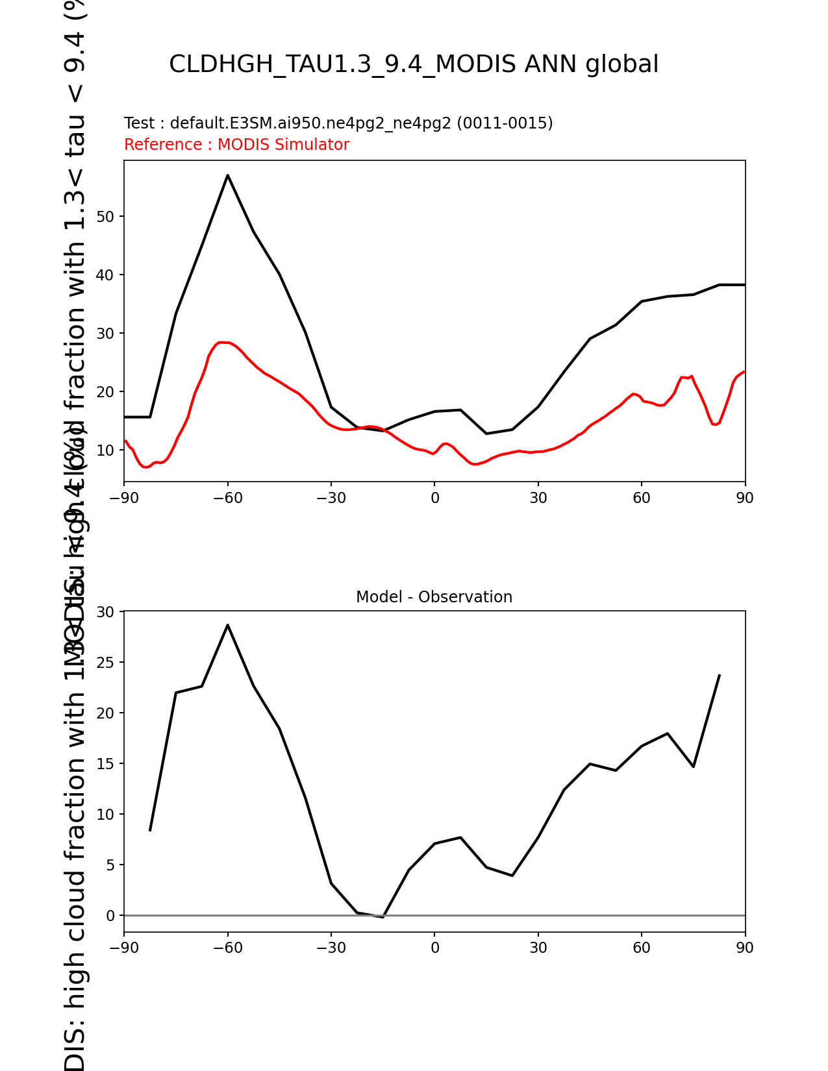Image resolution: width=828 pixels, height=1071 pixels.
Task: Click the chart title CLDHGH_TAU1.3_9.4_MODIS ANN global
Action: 414,65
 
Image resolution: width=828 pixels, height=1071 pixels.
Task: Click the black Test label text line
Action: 338,123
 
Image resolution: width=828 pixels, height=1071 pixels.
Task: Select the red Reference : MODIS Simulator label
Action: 236,145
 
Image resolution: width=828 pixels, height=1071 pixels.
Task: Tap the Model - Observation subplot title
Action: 434,597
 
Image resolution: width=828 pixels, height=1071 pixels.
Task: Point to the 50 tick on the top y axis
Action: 106,217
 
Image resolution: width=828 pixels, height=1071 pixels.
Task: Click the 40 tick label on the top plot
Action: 106,275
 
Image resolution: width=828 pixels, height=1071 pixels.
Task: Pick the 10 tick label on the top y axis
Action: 106,450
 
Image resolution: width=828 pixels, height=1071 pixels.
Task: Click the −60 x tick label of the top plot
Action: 227,498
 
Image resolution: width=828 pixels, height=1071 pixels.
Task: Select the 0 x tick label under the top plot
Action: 434,498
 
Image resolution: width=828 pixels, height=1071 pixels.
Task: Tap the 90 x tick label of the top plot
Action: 745,498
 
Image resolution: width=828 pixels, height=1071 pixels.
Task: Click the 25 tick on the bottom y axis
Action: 106,663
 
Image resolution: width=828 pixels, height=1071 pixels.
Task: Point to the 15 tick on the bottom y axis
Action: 106,764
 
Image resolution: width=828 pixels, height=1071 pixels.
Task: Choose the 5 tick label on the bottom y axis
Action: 110,865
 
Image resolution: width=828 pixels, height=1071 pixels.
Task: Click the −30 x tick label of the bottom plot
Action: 331,948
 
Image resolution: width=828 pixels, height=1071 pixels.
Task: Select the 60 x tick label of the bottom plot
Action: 642,948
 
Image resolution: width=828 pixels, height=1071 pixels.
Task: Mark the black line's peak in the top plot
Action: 227,175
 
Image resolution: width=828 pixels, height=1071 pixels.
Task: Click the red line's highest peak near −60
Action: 222,342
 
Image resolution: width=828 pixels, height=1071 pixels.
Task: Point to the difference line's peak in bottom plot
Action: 227,625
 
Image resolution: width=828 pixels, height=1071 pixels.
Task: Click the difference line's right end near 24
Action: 719,676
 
